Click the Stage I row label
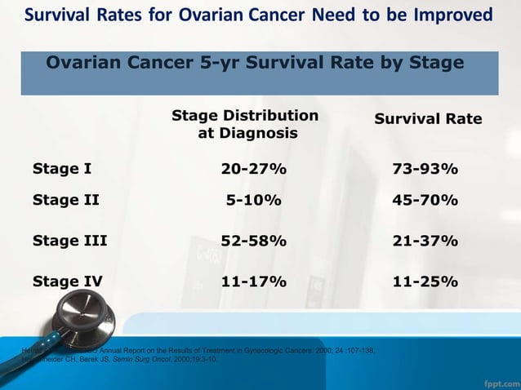[61, 170]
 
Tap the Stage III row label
[69, 241]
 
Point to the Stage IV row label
[68, 282]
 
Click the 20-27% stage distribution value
[253, 170]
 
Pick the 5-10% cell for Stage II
[253, 201]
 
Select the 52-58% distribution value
[253, 241]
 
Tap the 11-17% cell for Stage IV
[253, 282]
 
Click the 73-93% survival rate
[425, 170]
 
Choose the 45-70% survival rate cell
[425, 201]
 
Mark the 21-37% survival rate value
[425, 241]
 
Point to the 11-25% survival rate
[425, 282]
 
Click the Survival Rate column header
[428, 119]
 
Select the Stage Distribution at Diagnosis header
[245, 124]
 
